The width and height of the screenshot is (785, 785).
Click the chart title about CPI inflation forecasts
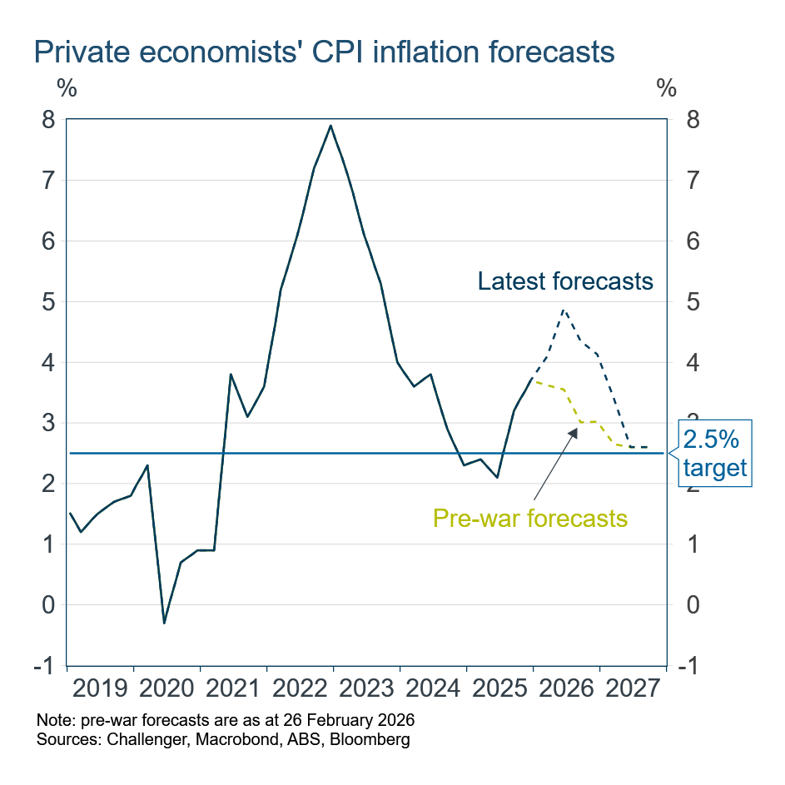tap(324, 52)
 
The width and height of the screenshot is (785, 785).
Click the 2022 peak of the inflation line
tap(331, 126)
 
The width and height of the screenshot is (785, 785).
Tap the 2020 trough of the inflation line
tap(164, 623)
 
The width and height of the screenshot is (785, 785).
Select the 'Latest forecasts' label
tap(565, 281)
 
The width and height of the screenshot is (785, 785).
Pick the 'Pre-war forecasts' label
tap(529, 519)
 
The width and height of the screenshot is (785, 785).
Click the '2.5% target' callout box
tap(715, 454)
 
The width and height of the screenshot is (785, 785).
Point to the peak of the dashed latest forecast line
tap(564, 310)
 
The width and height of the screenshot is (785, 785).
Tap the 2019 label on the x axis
tap(100, 690)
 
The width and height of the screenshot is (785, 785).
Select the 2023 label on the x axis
tap(366, 690)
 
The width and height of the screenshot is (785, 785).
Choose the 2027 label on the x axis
tap(633, 690)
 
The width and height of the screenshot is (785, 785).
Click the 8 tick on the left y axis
tap(50, 120)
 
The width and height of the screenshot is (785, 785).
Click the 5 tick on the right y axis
tap(688, 302)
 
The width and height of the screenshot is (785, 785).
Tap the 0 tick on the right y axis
tap(688, 605)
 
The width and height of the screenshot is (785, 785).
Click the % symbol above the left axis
tap(67, 87)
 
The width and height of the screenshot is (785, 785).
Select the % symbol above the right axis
tap(667, 87)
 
